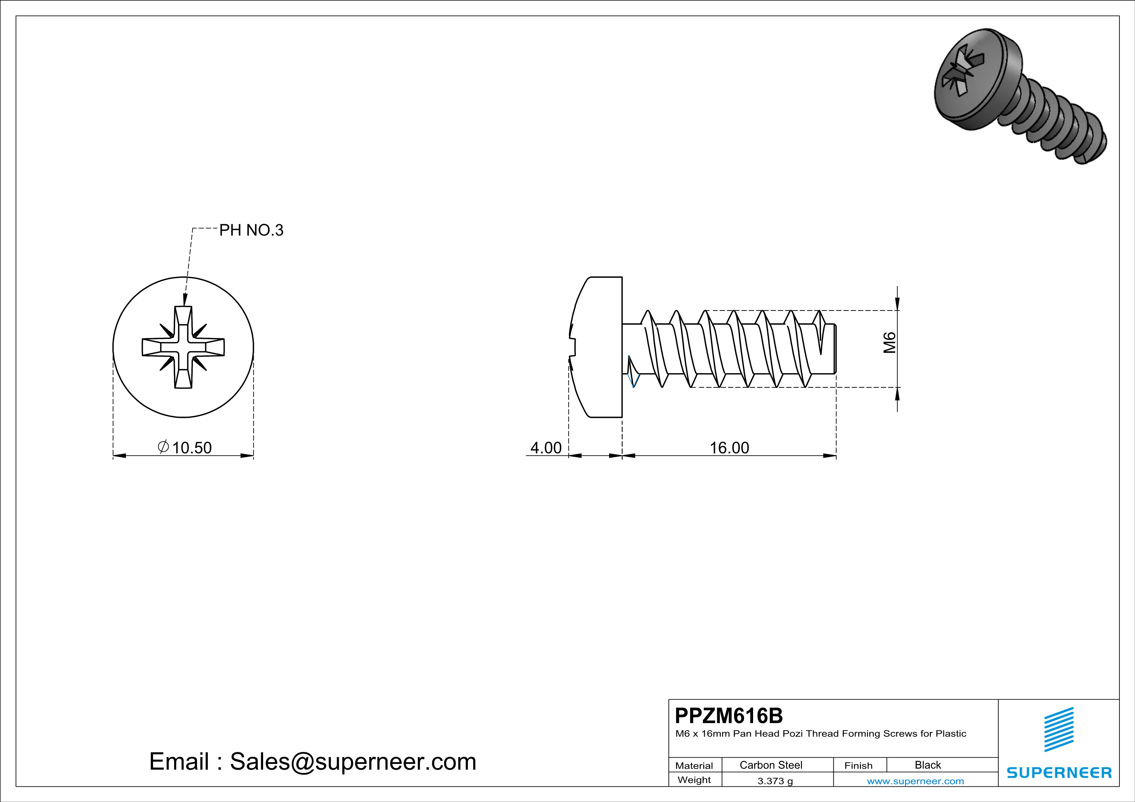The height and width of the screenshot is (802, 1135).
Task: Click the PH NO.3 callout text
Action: pyautogui.click(x=251, y=230)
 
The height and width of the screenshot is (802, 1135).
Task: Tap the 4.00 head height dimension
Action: pyautogui.click(x=546, y=448)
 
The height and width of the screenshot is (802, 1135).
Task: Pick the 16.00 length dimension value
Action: pyautogui.click(x=729, y=448)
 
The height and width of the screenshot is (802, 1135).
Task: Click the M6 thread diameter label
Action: pyautogui.click(x=889, y=343)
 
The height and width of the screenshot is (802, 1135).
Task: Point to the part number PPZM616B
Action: pyautogui.click(x=729, y=716)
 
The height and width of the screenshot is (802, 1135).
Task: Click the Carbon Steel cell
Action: pyautogui.click(x=771, y=765)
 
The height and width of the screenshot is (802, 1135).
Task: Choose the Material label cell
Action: pyautogui.click(x=694, y=765)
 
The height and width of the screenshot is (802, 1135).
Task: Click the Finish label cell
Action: pyautogui.click(x=858, y=765)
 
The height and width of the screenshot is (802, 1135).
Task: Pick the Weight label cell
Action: pyautogui.click(x=694, y=780)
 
